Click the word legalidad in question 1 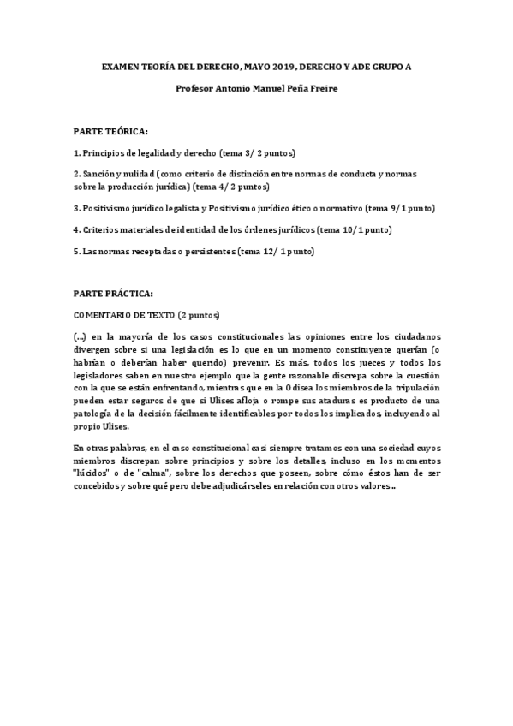[x=152, y=152]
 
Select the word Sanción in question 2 [x=96, y=174]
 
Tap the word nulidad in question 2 [x=138, y=174]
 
